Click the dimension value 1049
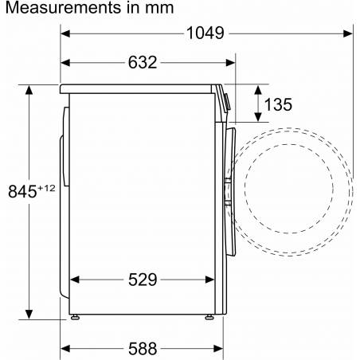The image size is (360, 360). (x=205, y=33)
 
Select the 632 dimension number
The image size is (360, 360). (x=143, y=63)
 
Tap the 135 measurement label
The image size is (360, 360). (x=278, y=104)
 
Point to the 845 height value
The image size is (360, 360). (x=22, y=191)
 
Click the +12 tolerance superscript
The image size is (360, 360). (x=46, y=188)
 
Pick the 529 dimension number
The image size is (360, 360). (x=143, y=280)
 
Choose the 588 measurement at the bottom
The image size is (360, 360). (x=143, y=349)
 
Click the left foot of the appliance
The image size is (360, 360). (x=75, y=317)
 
